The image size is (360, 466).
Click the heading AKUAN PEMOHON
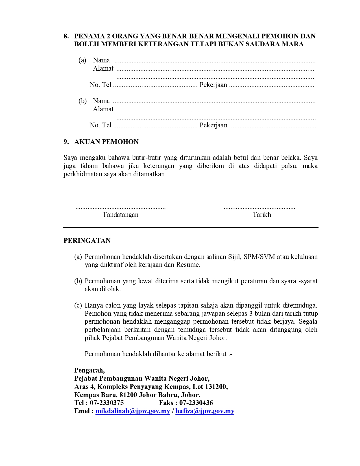pos(106,142)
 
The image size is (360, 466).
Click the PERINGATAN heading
pos(87,241)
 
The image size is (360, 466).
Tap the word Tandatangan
pos(121,215)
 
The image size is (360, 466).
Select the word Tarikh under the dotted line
pos(262,215)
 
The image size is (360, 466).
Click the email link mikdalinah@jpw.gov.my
pos(133,411)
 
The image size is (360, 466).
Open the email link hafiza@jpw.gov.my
pos(205,411)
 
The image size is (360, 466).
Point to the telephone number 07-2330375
pos(107,403)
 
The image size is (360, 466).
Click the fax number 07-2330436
pos(196,403)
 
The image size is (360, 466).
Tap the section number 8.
pos(66,36)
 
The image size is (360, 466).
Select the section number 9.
pos(66,142)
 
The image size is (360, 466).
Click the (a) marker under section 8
pos(82,60)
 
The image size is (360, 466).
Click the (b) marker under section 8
pos(82,101)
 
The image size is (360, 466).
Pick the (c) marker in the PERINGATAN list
pos(78,305)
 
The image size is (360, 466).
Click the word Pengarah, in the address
pos(89,370)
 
